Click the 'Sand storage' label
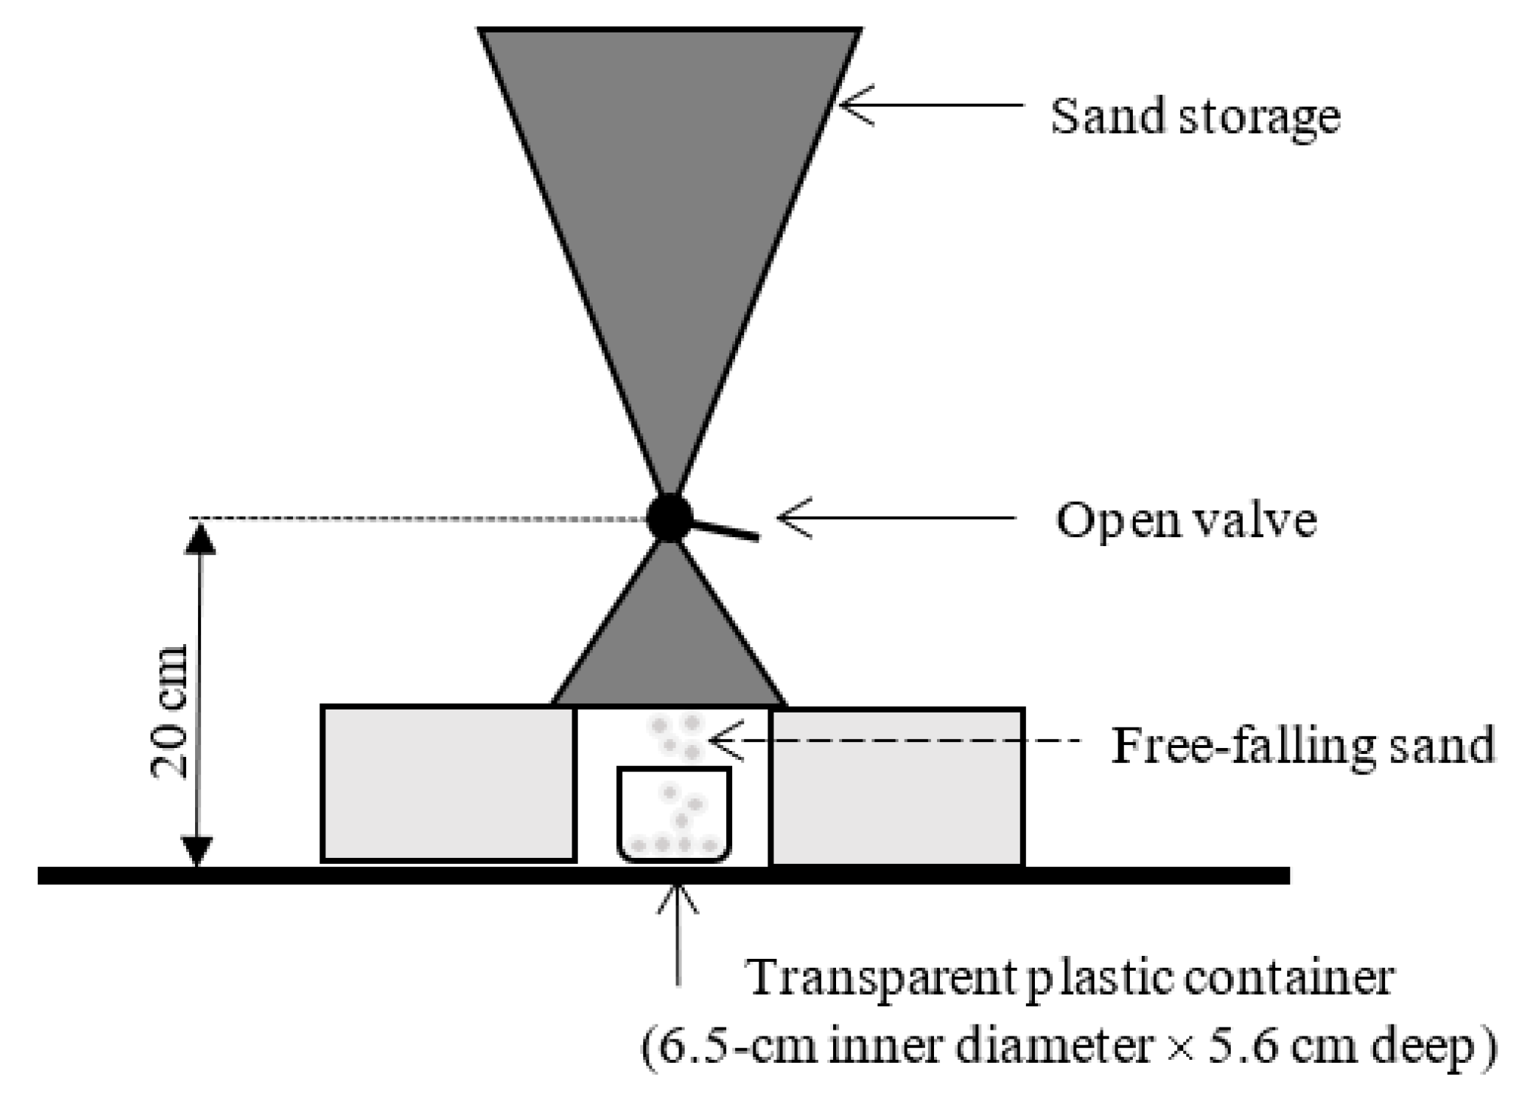point(1195,118)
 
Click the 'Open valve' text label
point(1186,520)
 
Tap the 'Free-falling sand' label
point(1303,746)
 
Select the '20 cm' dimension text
point(169,711)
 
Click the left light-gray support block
point(449,783)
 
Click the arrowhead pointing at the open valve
point(791,518)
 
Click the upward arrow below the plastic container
point(679,934)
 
